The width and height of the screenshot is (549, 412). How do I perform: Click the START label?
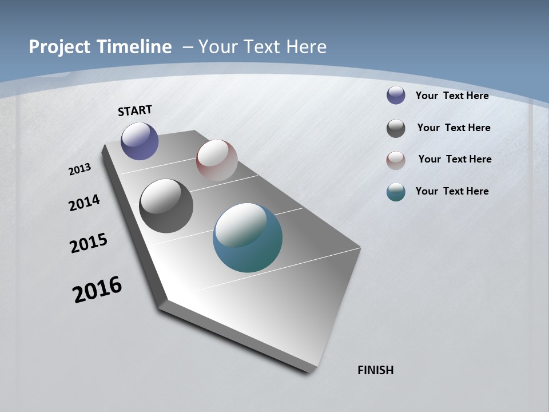click(x=135, y=110)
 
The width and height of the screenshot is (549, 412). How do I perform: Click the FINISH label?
click(x=376, y=370)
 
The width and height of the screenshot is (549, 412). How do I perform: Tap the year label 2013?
click(x=80, y=169)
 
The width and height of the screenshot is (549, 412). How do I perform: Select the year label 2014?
click(x=84, y=203)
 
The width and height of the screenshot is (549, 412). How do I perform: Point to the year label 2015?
click(x=89, y=243)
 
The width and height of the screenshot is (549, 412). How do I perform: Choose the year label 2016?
click(x=97, y=290)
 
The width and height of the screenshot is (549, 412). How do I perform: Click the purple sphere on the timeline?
click(x=140, y=141)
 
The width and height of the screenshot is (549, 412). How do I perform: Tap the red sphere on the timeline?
click(x=217, y=160)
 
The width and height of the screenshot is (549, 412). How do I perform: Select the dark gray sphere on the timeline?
click(x=166, y=206)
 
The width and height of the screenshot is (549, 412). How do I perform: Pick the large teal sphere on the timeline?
click(x=248, y=237)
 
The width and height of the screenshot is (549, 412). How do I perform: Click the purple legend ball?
click(x=396, y=96)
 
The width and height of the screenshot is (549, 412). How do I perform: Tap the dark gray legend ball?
click(x=396, y=128)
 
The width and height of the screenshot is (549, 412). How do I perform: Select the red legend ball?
click(x=396, y=160)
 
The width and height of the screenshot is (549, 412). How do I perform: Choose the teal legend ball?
click(x=396, y=192)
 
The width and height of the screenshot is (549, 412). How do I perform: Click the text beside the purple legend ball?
click(x=452, y=96)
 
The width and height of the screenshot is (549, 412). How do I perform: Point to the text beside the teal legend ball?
click(x=452, y=191)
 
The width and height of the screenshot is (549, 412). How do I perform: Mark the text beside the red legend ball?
click(x=455, y=159)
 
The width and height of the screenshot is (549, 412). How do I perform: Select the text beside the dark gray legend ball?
click(x=453, y=128)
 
